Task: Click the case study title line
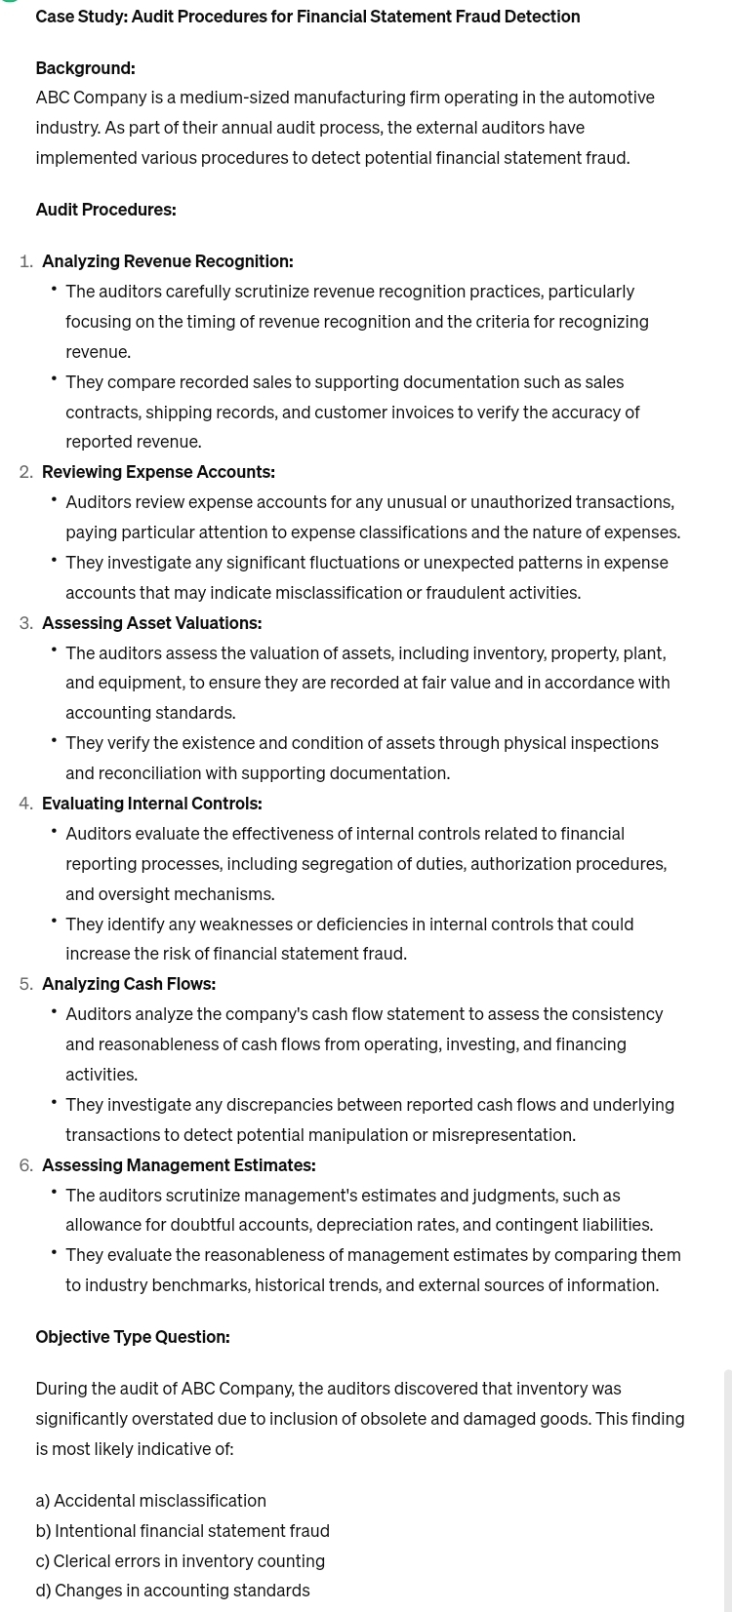pyautogui.click(x=307, y=17)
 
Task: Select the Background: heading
pyautogui.click(x=85, y=68)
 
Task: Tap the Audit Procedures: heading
pyautogui.click(x=105, y=210)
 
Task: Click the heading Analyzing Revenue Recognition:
pyautogui.click(x=167, y=261)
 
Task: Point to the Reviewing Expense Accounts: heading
pyautogui.click(x=158, y=472)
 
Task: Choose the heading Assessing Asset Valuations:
pyautogui.click(x=151, y=623)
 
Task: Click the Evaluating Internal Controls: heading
pyautogui.click(x=151, y=804)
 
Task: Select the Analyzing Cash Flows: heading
pyautogui.click(x=129, y=984)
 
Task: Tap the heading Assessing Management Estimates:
pyautogui.click(x=179, y=1165)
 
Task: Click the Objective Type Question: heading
pyautogui.click(x=133, y=1337)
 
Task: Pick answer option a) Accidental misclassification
pyautogui.click(x=150, y=1501)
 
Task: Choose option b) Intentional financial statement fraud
pyautogui.click(x=183, y=1531)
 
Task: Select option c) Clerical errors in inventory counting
pyautogui.click(x=180, y=1561)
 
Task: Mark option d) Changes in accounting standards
pyautogui.click(x=172, y=1591)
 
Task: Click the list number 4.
pyautogui.click(x=25, y=804)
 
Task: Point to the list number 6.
pyautogui.click(x=25, y=1165)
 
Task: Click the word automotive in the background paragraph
pyautogui.click(x=613, y=98)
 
